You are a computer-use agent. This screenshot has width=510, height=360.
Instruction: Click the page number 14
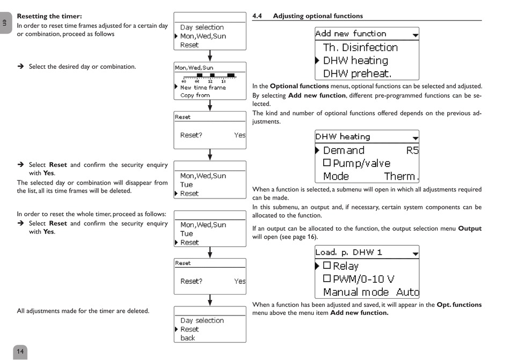(20, 352)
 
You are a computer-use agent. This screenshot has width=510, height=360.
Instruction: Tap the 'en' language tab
(5, 23)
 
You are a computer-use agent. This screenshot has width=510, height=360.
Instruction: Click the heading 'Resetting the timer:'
(49, 17)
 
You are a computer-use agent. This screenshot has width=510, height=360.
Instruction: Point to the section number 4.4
(257, 16)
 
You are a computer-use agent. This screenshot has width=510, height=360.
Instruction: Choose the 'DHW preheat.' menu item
(357, 74)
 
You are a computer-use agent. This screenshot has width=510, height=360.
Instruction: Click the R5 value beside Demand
(412, 151)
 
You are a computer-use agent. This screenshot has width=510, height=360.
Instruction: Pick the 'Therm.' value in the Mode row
(401, 176)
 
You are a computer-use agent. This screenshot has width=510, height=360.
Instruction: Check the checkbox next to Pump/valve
(326, 163)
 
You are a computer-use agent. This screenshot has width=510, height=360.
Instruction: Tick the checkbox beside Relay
(326, 266)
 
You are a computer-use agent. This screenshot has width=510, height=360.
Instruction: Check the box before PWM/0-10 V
(326, 278)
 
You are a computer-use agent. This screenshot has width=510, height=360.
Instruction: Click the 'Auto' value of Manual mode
(407, 292)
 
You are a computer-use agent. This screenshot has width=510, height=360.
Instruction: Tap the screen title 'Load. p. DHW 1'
(348, 252)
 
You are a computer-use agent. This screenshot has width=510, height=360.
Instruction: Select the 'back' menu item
(188, 338)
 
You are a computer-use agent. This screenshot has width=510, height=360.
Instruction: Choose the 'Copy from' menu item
(195, 95)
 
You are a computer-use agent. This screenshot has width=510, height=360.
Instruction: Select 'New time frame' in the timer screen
(203, 87)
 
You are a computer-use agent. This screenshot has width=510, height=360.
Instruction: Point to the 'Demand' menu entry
(344, 151)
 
